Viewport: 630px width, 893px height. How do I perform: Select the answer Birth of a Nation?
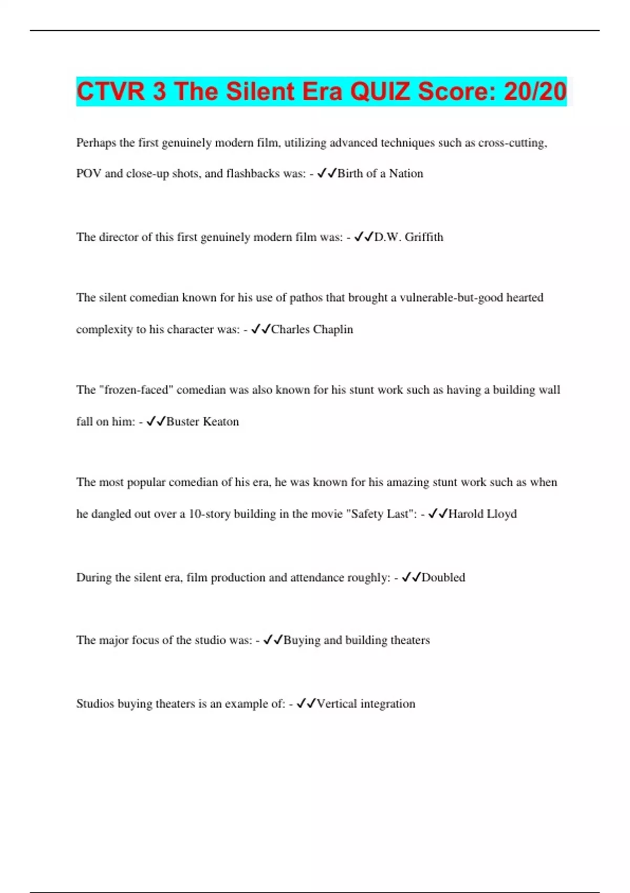click(380, 173)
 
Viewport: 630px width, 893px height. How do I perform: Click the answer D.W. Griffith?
click(408, 237)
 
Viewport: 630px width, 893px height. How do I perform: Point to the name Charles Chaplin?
click(312, 329)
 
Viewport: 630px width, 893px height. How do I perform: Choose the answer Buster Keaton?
click(202, 421)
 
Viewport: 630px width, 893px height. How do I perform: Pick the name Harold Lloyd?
click(482, 514)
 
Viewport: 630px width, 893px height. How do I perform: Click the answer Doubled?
click(443, 577)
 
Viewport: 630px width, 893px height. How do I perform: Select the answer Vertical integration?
click(365, 703)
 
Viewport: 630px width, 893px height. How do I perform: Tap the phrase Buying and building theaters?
click(356, 640)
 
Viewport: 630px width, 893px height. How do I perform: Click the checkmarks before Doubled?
click(411, 577)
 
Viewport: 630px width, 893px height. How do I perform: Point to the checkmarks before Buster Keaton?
click(156, 421)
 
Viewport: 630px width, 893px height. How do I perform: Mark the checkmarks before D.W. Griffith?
click(363, 237)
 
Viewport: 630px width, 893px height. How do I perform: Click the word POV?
click(88, 173)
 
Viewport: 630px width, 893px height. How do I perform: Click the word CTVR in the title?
click(111, 91)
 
